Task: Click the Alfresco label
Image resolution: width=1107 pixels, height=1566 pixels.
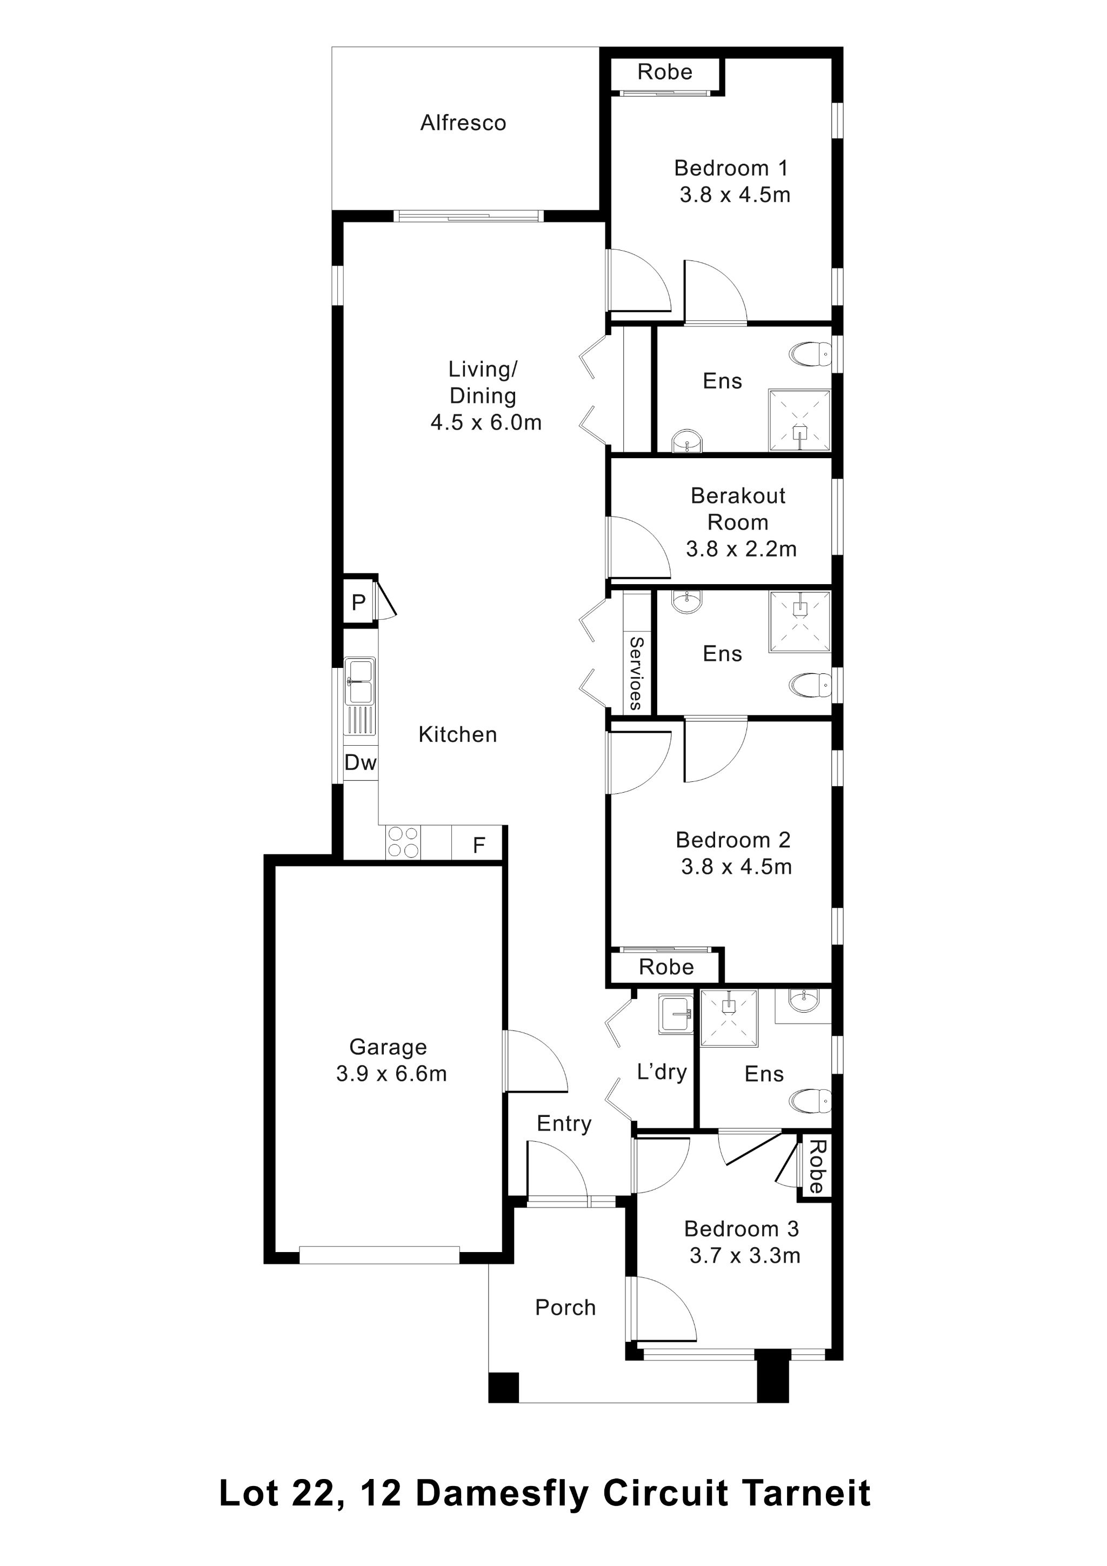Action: coord(463,123)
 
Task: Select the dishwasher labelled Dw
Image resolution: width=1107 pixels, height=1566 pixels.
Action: coord(360,762)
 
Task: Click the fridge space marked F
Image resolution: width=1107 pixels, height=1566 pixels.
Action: coord(479,845)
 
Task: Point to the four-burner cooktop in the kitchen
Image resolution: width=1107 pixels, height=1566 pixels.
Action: coord(402,842)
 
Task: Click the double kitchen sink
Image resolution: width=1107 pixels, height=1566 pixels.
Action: coord(359,681)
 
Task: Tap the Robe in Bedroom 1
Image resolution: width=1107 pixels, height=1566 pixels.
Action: coord(664,72)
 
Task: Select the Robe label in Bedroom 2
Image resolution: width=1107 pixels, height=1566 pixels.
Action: coord(666,967)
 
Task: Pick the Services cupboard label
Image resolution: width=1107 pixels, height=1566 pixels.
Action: coord(636,673)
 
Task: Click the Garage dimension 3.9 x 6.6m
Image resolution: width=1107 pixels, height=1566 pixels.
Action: coord(391,1074)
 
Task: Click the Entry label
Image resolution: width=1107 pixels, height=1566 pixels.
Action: coord(564,1123)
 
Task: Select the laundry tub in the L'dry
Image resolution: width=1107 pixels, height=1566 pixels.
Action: coord(675,1014)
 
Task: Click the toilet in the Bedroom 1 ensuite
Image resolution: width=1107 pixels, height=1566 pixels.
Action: coord(810,354)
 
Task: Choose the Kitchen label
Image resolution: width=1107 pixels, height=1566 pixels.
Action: coord(458,734)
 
